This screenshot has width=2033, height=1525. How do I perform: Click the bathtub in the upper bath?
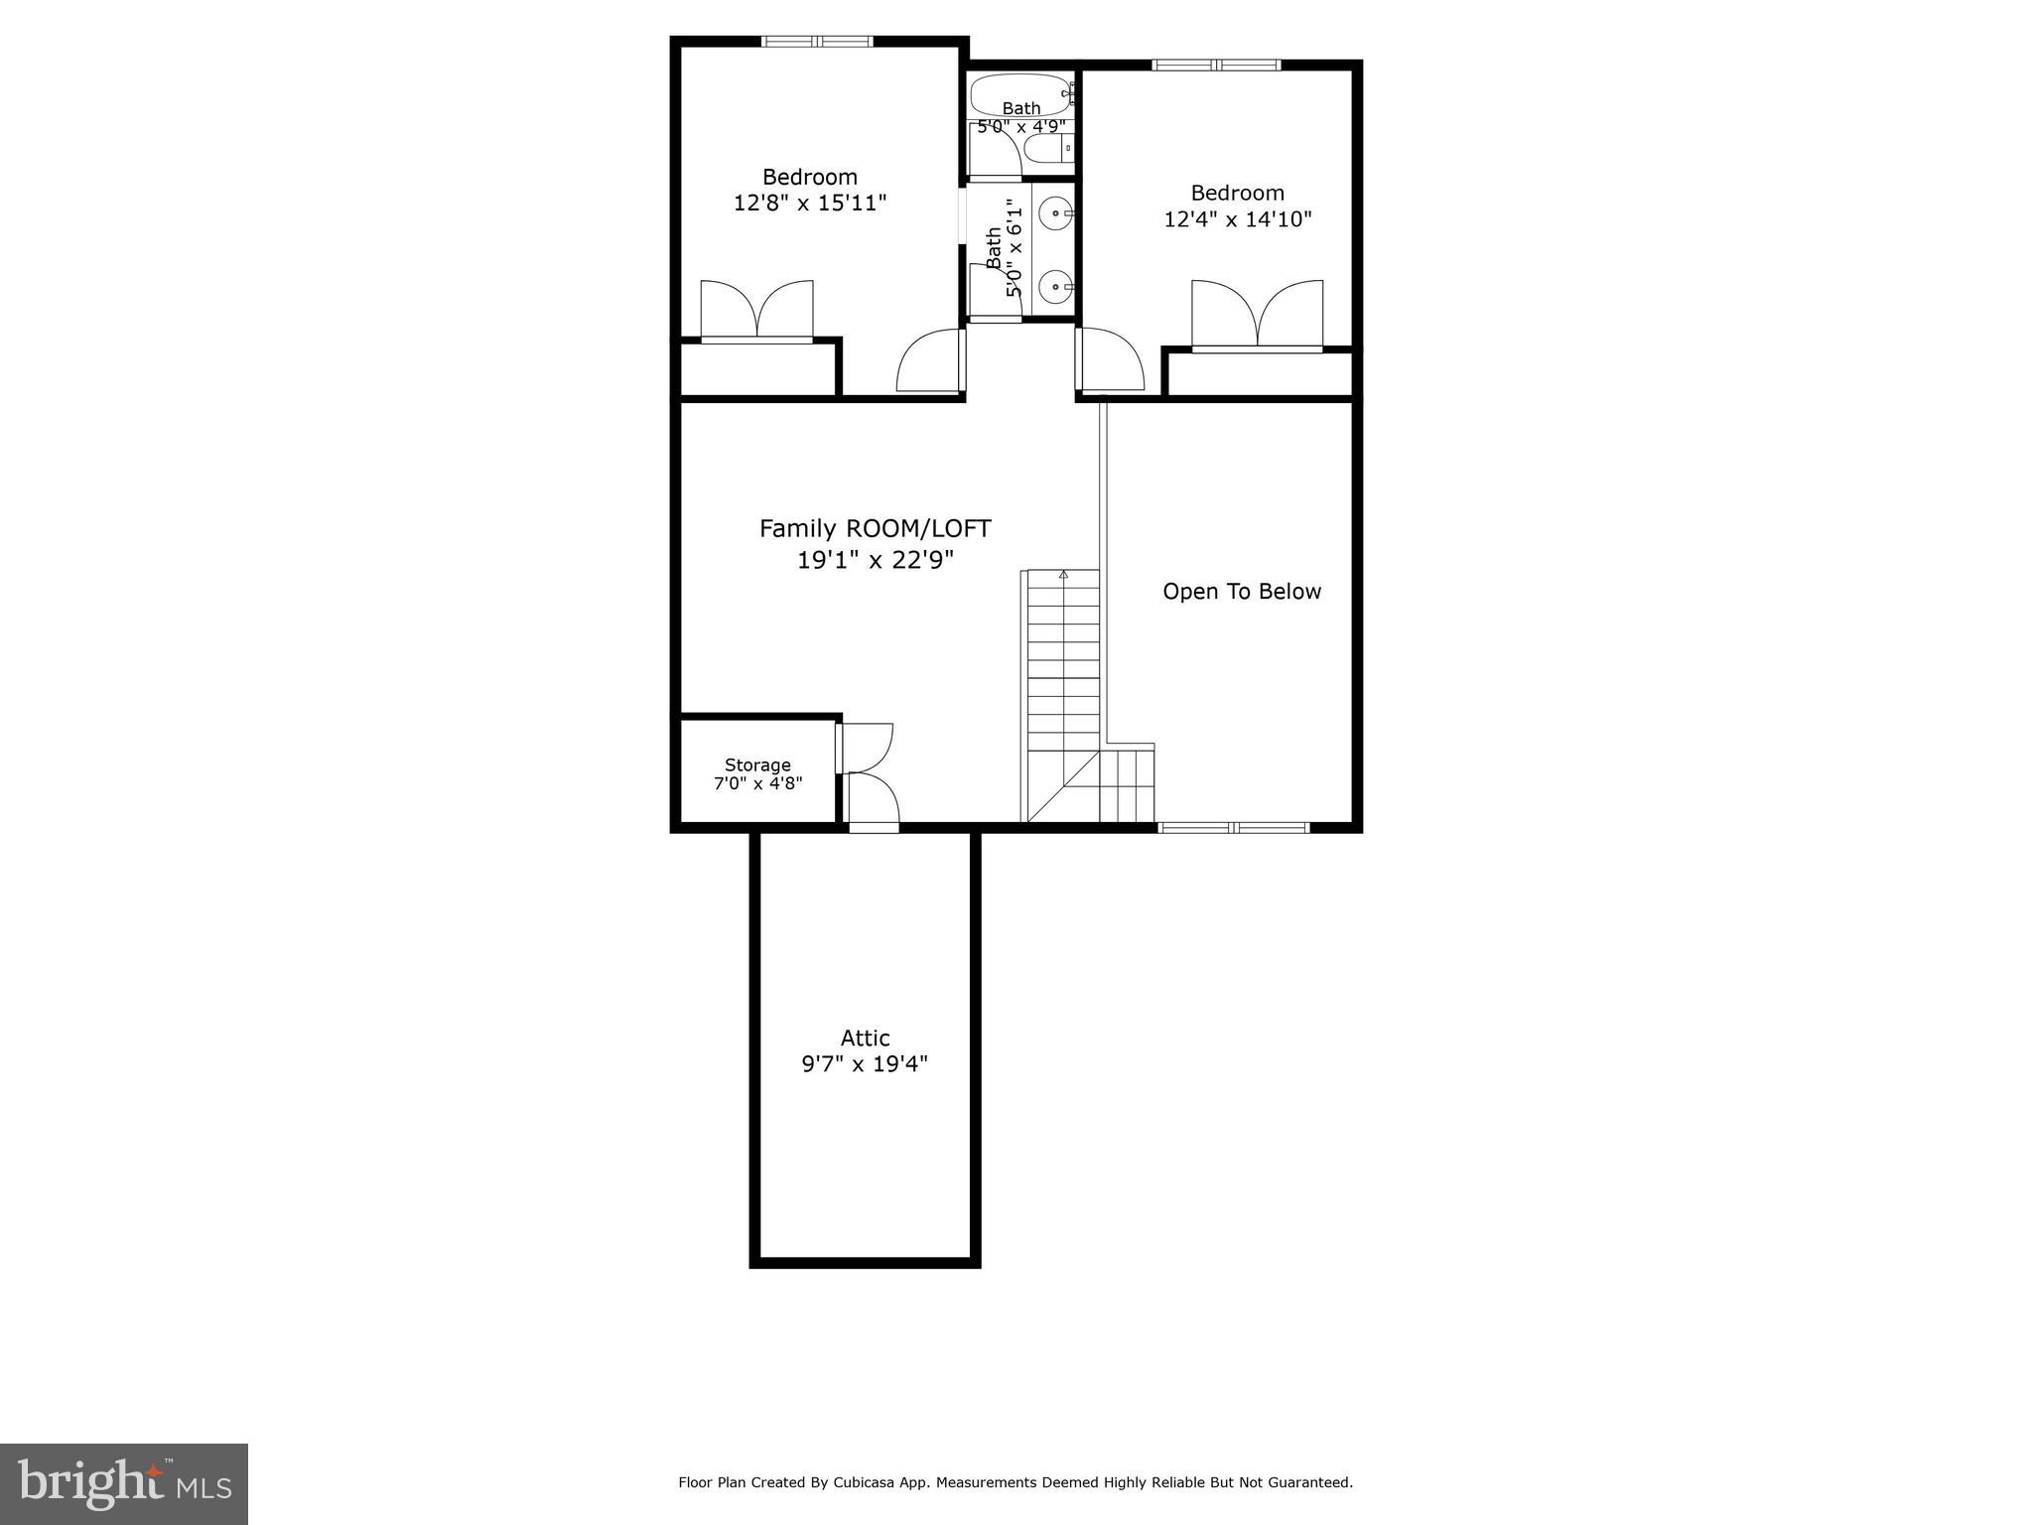pos(1020,94)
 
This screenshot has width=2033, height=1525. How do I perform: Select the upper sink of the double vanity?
pos(1055,213)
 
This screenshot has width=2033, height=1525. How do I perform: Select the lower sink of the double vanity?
pos(1055,288)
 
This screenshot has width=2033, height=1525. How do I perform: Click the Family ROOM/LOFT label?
pos(875,529)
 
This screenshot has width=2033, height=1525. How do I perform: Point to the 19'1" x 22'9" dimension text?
pos(875,560)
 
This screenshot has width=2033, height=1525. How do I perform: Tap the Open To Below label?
pos(1241,592)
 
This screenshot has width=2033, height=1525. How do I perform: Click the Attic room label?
pos(865,1038)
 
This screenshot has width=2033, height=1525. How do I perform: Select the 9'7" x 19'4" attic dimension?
pos(865,1064)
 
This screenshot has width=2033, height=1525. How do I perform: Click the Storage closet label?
pos(757,764)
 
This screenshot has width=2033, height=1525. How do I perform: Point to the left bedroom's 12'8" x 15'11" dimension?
pos(809,204)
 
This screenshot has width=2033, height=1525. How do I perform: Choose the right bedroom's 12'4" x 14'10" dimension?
pos(1237,219)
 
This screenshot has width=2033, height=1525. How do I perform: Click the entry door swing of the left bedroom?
pos(929,362)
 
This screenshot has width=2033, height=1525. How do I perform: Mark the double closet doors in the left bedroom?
pos(757,312)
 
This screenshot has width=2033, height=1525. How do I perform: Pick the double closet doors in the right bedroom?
pos(1257,315)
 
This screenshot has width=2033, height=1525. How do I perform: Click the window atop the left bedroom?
pos(816,42)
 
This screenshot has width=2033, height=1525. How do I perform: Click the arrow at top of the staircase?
pos(1063,574)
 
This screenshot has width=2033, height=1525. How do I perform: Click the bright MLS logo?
pos(124,1484)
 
